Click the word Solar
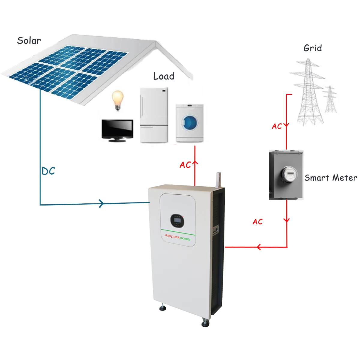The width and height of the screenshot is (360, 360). [x=29, y=40]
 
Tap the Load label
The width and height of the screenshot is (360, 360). [x=164, y=76]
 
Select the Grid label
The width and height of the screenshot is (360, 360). [x=313, y=48]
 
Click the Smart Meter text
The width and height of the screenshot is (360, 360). [x=331, y=178]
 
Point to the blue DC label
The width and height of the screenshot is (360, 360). [x=48, y=171]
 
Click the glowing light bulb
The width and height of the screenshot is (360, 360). [x=118, y=100]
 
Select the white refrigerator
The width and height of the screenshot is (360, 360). [x=154, y=115]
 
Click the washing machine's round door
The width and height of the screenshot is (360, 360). [x=190, y=123]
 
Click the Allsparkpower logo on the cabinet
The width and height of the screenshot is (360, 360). [x=178, y=237]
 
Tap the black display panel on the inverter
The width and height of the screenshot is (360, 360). [x=177, y=220]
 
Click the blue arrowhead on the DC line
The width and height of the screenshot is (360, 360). [x=101, y=203]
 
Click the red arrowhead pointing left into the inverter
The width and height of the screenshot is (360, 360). [x=259, y=247]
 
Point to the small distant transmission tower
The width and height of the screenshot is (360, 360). [x=330, y=99]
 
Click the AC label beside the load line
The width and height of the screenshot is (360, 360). [x=185, y=165]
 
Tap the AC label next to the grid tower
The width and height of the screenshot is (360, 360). [x=277, y=126]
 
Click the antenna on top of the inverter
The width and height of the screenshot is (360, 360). [x=218, y=180]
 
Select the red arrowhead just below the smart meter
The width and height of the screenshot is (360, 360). [x=286, y=220]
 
